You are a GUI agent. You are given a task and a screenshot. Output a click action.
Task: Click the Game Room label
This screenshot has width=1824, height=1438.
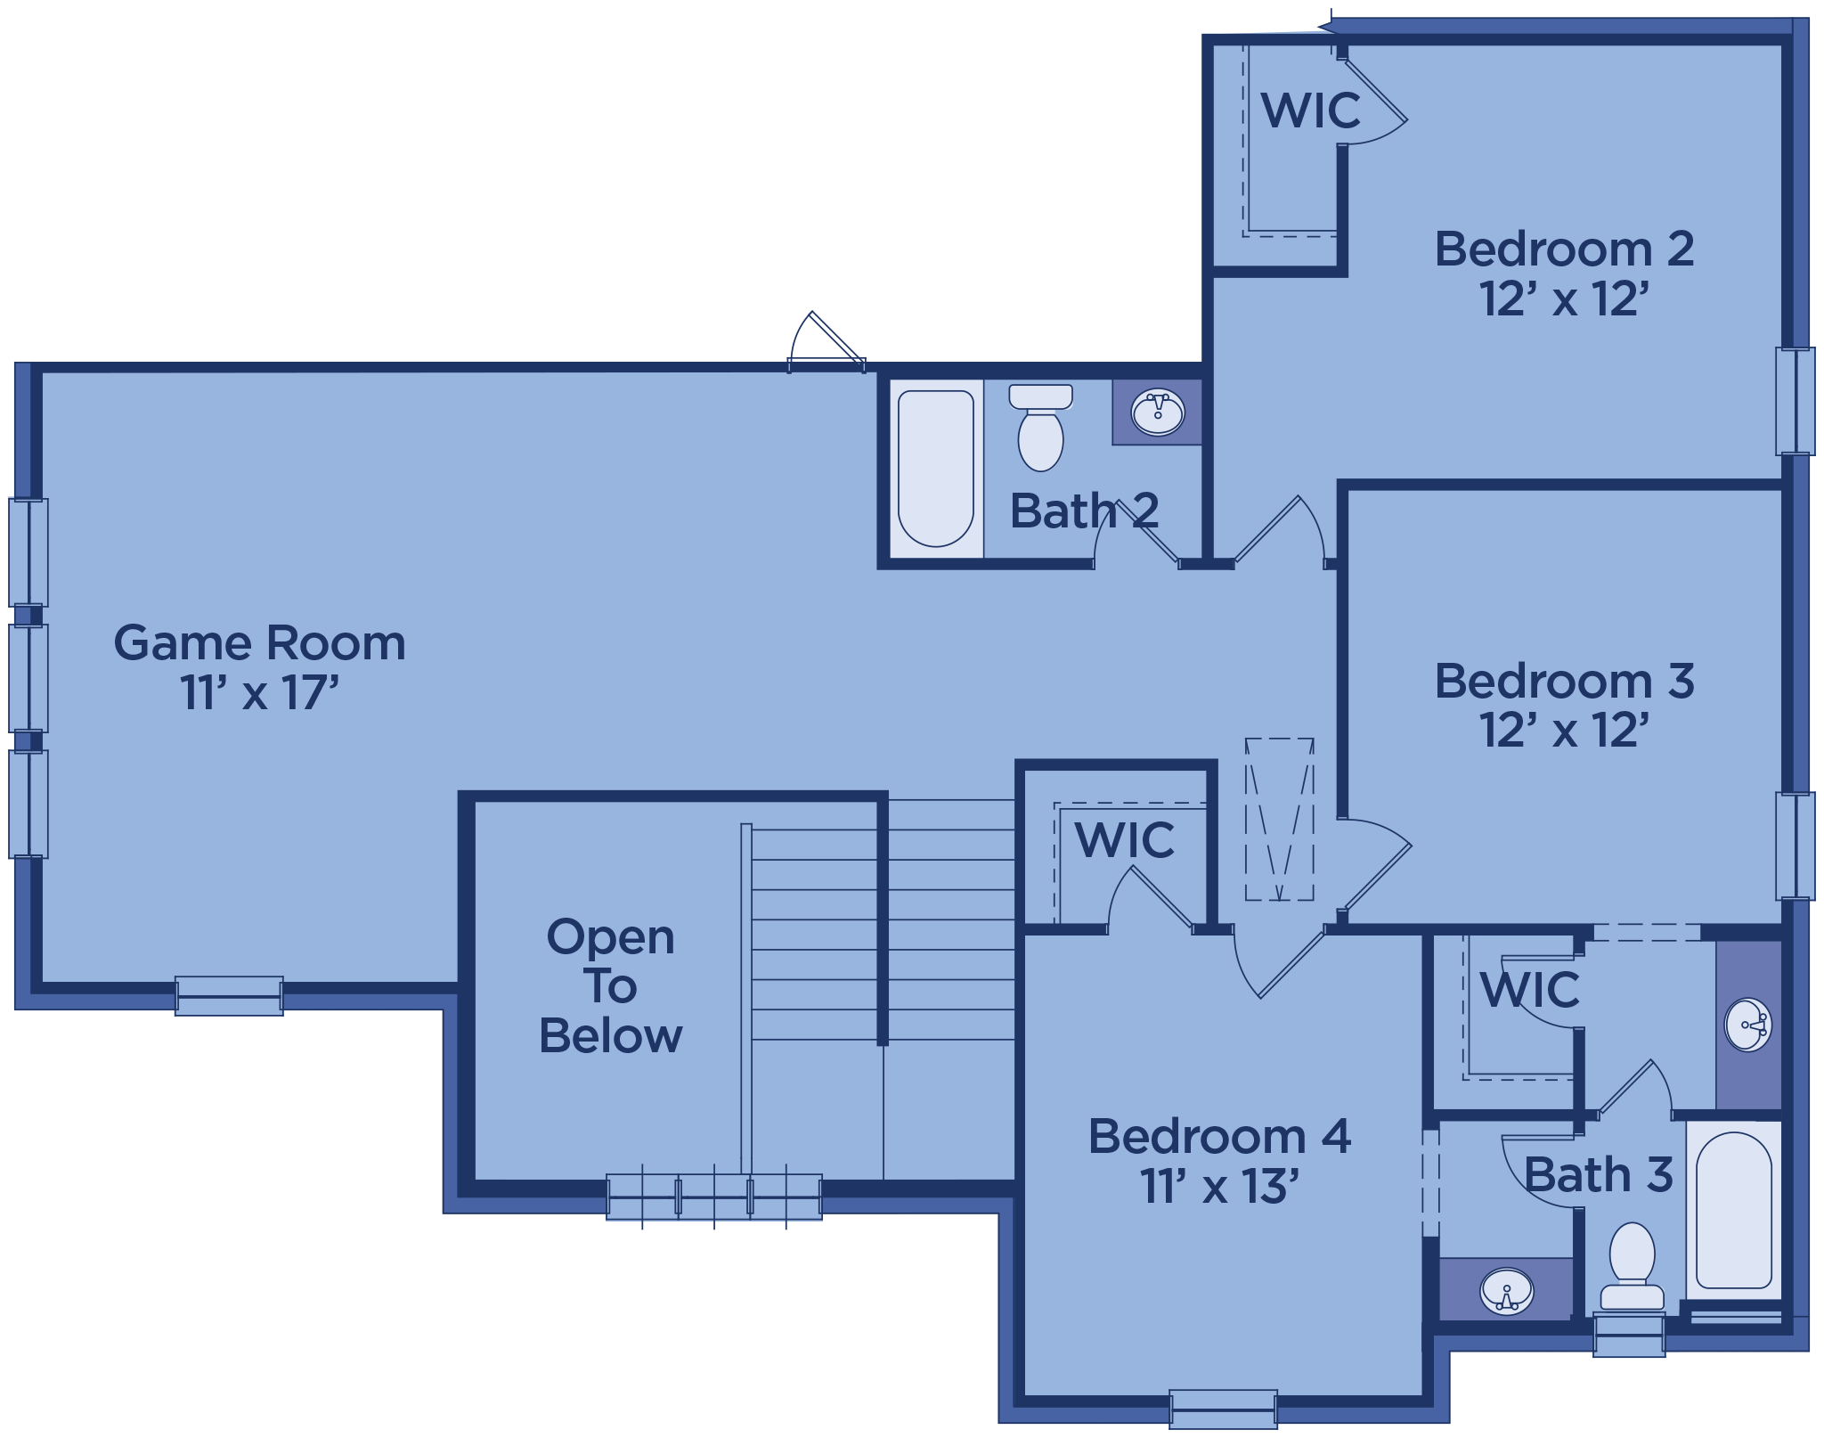click(259, 643)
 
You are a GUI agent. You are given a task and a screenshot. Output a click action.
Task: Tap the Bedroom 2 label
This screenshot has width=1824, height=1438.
click(1564, 249)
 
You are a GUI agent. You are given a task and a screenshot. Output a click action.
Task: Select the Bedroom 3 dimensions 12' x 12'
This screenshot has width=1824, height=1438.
click(1565, 730)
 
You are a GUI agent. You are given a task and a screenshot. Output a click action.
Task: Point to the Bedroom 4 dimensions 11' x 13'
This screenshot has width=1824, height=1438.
click(1219, 1186)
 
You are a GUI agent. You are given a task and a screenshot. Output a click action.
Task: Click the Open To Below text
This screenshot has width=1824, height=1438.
click(610, 986)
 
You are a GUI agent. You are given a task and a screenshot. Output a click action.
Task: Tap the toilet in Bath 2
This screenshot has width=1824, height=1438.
click(1040, 427)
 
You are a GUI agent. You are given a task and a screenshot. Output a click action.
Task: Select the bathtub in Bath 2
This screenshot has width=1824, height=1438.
click(936, 469)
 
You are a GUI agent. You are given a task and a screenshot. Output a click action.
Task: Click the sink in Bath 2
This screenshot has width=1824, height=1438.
click(1157, 413)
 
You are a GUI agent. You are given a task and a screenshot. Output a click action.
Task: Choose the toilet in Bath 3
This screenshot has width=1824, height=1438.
click(1632, 1266)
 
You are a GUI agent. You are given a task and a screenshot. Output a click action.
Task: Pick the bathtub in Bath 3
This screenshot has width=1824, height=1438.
click(1734, 1211)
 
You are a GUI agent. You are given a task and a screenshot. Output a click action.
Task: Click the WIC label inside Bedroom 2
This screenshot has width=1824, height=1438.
click(1311, 110)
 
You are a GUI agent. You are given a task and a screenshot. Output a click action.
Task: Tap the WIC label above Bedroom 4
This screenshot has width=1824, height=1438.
click(1125, 839)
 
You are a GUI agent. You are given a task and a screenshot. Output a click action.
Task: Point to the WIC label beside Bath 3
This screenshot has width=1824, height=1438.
click(1530, 989)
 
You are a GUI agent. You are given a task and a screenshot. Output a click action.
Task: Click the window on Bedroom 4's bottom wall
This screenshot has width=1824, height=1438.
click(1223, 1409)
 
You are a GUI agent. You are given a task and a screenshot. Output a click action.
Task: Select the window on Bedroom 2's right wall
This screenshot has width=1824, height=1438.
click(1795, 401)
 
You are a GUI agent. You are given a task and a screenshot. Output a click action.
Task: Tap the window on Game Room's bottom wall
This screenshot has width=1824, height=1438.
click(229, 996)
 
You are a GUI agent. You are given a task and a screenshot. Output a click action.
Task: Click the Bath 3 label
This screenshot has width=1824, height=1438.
click(1599, 1174)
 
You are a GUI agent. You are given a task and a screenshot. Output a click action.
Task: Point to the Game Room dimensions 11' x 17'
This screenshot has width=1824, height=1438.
click(260, 692)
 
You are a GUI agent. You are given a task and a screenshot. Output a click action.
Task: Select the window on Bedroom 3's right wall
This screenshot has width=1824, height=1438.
click(1795, 846)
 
